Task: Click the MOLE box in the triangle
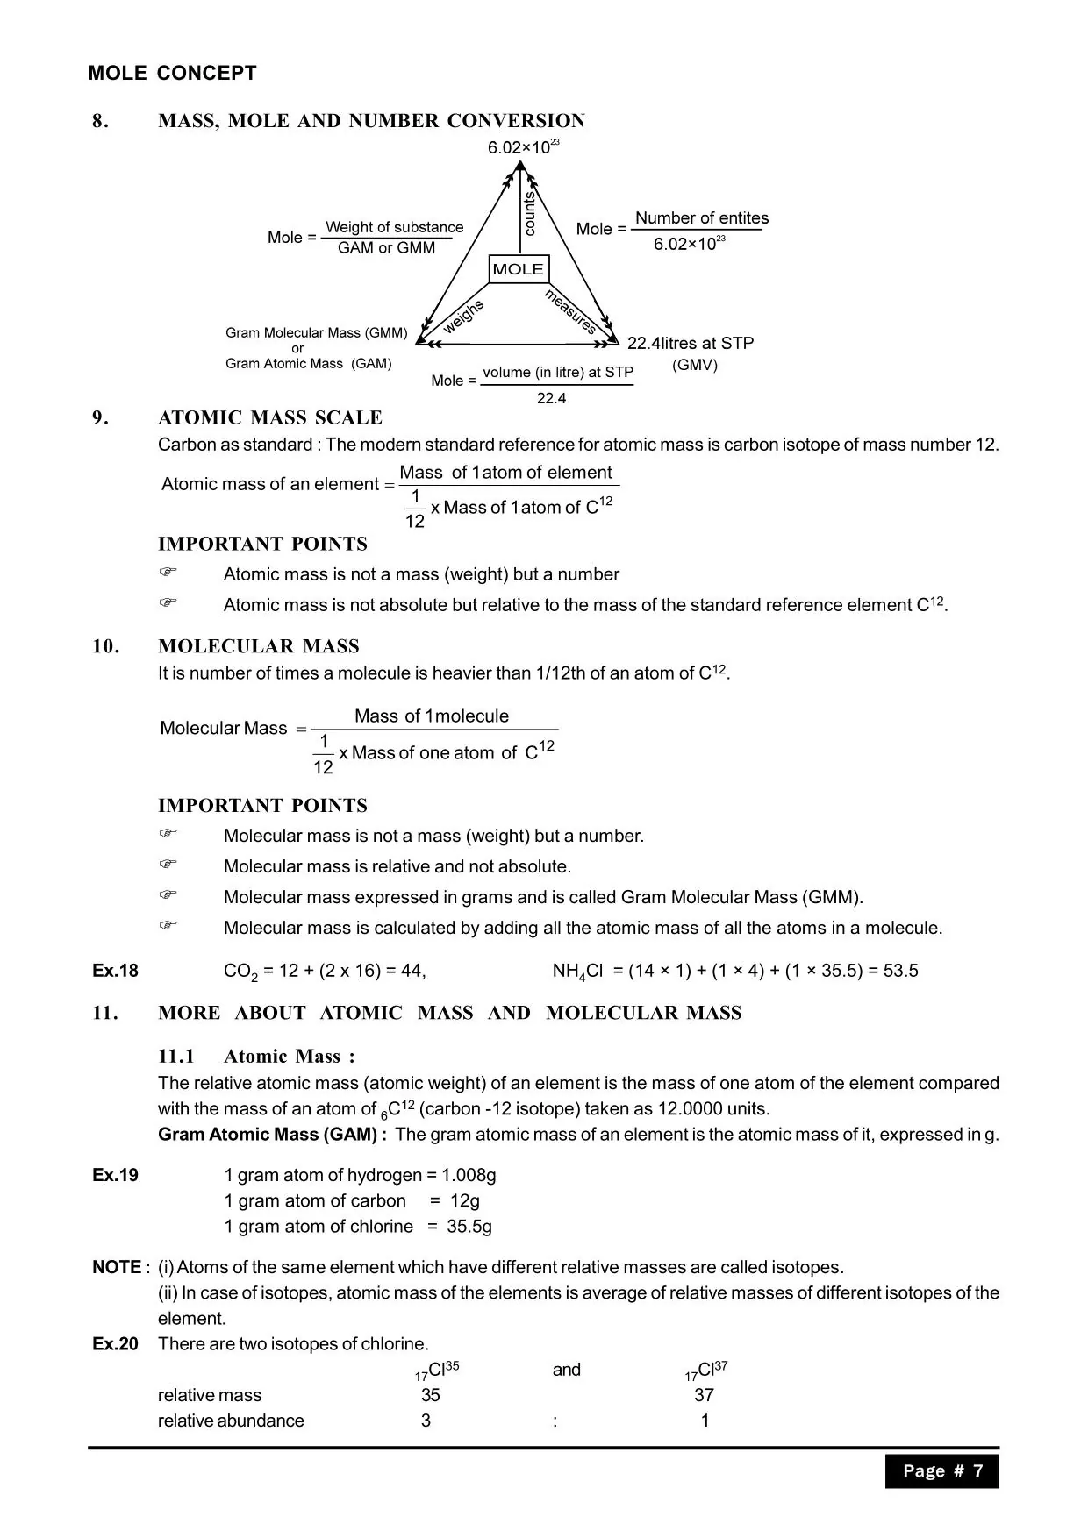click(x=518, y=269)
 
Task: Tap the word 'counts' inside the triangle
click(x=529, y=215)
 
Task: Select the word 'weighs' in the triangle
click(x=463, y=317)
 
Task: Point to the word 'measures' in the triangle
click(x=571, y=311)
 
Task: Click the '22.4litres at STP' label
click(x=690, y=343)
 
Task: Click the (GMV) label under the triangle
click(x=694, y=365)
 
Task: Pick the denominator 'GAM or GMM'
click(x=386, y=248)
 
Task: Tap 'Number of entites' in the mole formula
click(x=701, y=218)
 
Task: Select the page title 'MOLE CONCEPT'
click(x=172, y=74)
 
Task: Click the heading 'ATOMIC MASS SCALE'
click(x=270, y=417)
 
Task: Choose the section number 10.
click(x=104, y=646)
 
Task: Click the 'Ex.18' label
click(x=115, y=971)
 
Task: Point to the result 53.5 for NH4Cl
click(x=901, y=971)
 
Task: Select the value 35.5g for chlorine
click(x=469, y=1226)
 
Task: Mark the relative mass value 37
click(x=704, y=1395)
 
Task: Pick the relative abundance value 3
click(x=426, y=1421)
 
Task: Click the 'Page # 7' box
click(x=941, y=1471)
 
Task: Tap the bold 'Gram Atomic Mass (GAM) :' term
click(x=272, y=1135)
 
